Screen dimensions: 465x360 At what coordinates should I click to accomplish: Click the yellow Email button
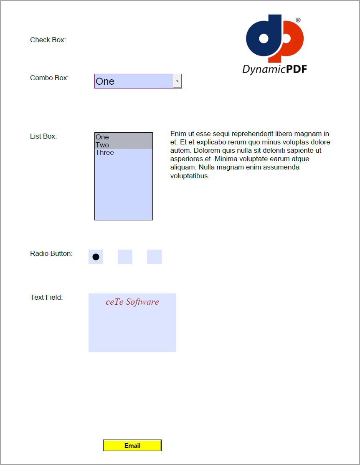click(x=132, y=445)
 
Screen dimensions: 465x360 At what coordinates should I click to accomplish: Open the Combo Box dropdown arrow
click(x=177, y=81)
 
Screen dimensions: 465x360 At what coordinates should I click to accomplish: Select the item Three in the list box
click(x=105, y=153)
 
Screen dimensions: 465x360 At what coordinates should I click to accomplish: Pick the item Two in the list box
click(x=102, y=145)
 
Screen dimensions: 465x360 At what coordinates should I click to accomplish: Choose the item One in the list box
click(x=102, y=137)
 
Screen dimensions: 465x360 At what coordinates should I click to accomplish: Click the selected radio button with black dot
click(x=96, y=257)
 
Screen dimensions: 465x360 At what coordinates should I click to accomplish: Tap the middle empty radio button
click(x=125, y=257)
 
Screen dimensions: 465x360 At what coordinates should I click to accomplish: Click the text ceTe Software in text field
click(x=132, y=302)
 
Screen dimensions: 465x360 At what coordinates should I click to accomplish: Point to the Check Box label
click(x=48, y=40)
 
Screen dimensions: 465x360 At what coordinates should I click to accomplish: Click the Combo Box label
click(x=49, y=78)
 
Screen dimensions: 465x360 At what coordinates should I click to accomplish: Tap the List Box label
click(x=43, y=136)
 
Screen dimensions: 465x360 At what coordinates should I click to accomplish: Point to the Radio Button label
click(x=51, y=253)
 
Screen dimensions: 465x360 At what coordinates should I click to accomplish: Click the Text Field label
click(x=46, y=297)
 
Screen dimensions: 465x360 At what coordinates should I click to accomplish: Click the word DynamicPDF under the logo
click(x=274, y=69)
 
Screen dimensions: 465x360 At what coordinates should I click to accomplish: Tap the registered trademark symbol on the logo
click(x=298, y=20)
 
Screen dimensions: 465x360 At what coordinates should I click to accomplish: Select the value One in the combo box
click(x=105, y=81)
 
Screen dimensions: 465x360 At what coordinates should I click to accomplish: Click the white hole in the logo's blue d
click(x=264, y=39)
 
